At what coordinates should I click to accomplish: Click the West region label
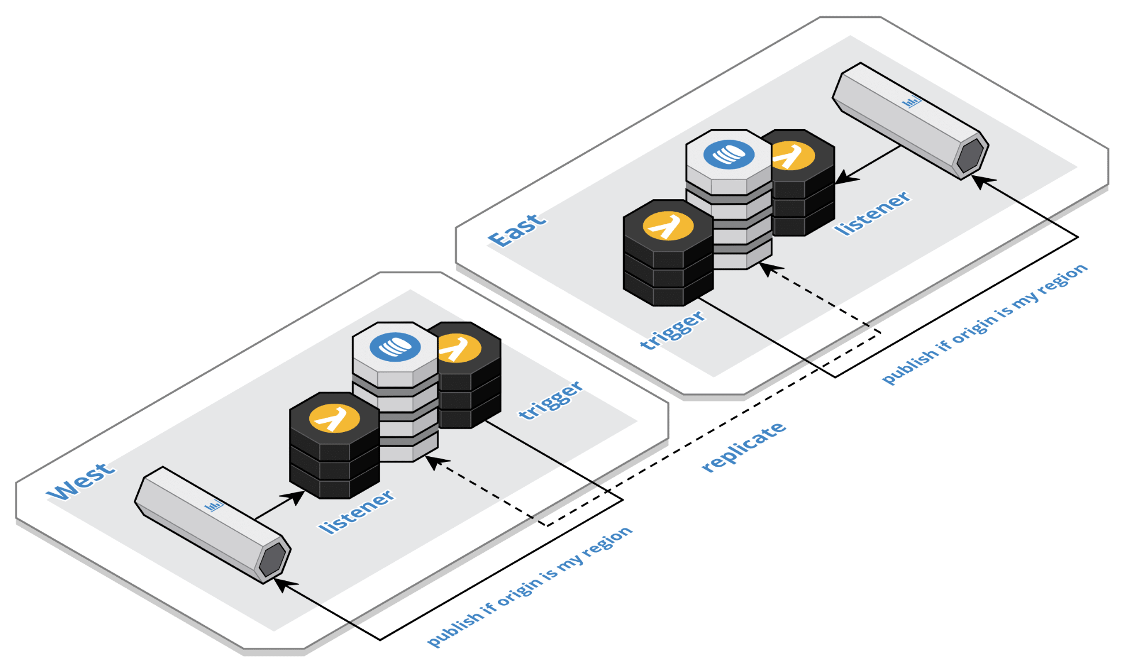(x=81, y=481)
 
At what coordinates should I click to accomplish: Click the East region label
(x=516, y=230)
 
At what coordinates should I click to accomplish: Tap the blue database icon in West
(x=395, y=347)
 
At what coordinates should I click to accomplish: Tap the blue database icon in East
(x=729, y=155)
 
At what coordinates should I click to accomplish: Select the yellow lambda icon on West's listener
(x=335, y=418)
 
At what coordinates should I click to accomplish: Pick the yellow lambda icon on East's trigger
(x=668, y=226)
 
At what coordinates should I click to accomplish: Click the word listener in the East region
(x=872, y=213)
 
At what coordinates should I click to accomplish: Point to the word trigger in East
(x=673, y=330)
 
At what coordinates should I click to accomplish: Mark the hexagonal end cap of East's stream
(x=970, y=155)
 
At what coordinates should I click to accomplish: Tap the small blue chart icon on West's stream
(x=214, y=506)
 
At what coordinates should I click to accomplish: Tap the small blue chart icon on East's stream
(x=912, y=103)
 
